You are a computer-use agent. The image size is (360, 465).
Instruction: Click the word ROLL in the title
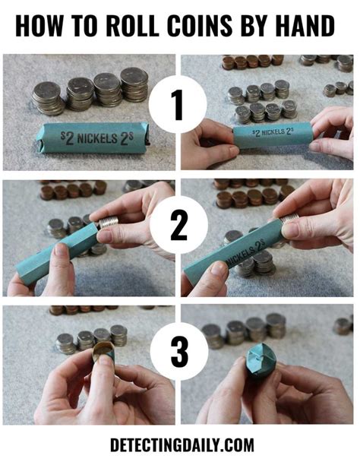coord(132,26)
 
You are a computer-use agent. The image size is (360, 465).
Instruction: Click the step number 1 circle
coord(178,104)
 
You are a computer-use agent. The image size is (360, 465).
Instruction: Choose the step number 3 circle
coord(179,351)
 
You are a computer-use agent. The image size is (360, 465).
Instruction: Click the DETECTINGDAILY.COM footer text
coord(182,444)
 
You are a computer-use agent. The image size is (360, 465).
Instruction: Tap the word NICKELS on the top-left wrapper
coord(97,139)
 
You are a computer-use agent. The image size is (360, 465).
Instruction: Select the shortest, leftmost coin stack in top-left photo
coord(48,98)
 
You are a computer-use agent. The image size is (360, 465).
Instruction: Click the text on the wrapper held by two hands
coord(273,132)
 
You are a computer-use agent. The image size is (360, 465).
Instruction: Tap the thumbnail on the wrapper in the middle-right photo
coord(219,269)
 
